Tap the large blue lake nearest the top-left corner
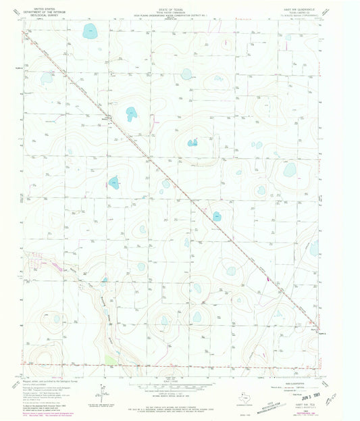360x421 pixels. (x=89, y=31)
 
